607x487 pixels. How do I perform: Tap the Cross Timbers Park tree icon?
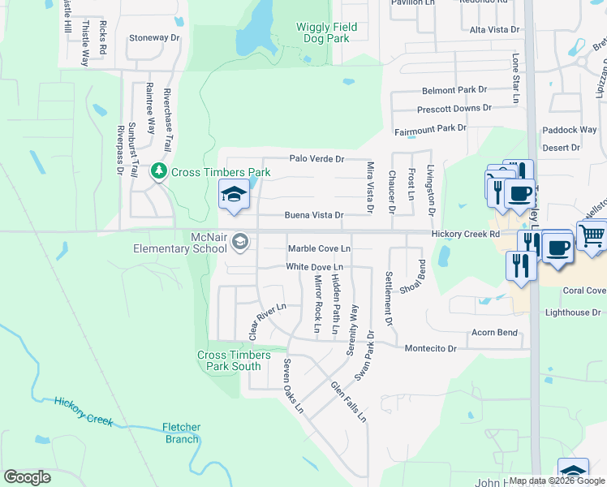(160, 171)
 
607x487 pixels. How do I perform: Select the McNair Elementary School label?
(180, 243)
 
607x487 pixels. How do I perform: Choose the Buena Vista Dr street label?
(314, 216)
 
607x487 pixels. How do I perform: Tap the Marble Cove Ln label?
(319, 248)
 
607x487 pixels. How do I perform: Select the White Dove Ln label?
(315, 267)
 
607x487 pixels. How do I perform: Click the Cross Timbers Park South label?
(229, 360)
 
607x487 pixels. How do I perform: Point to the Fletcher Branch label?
(180, 433)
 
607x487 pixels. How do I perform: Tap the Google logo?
(27, 476)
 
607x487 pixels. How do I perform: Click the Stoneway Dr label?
(154, 38)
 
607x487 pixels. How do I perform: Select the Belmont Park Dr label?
(454, 90)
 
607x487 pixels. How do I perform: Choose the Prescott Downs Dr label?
(454, 108)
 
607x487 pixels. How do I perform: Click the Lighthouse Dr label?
(573, 312)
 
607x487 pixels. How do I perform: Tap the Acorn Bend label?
(495, 333)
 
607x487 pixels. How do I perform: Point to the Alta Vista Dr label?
(496, 30)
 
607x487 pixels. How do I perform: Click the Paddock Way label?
(570, 130)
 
